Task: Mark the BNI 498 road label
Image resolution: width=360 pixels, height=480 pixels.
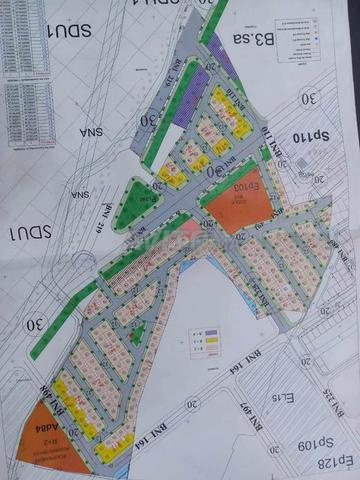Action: [x=70, y=398]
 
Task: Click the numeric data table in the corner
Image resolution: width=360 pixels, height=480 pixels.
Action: [x=22, y=60]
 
